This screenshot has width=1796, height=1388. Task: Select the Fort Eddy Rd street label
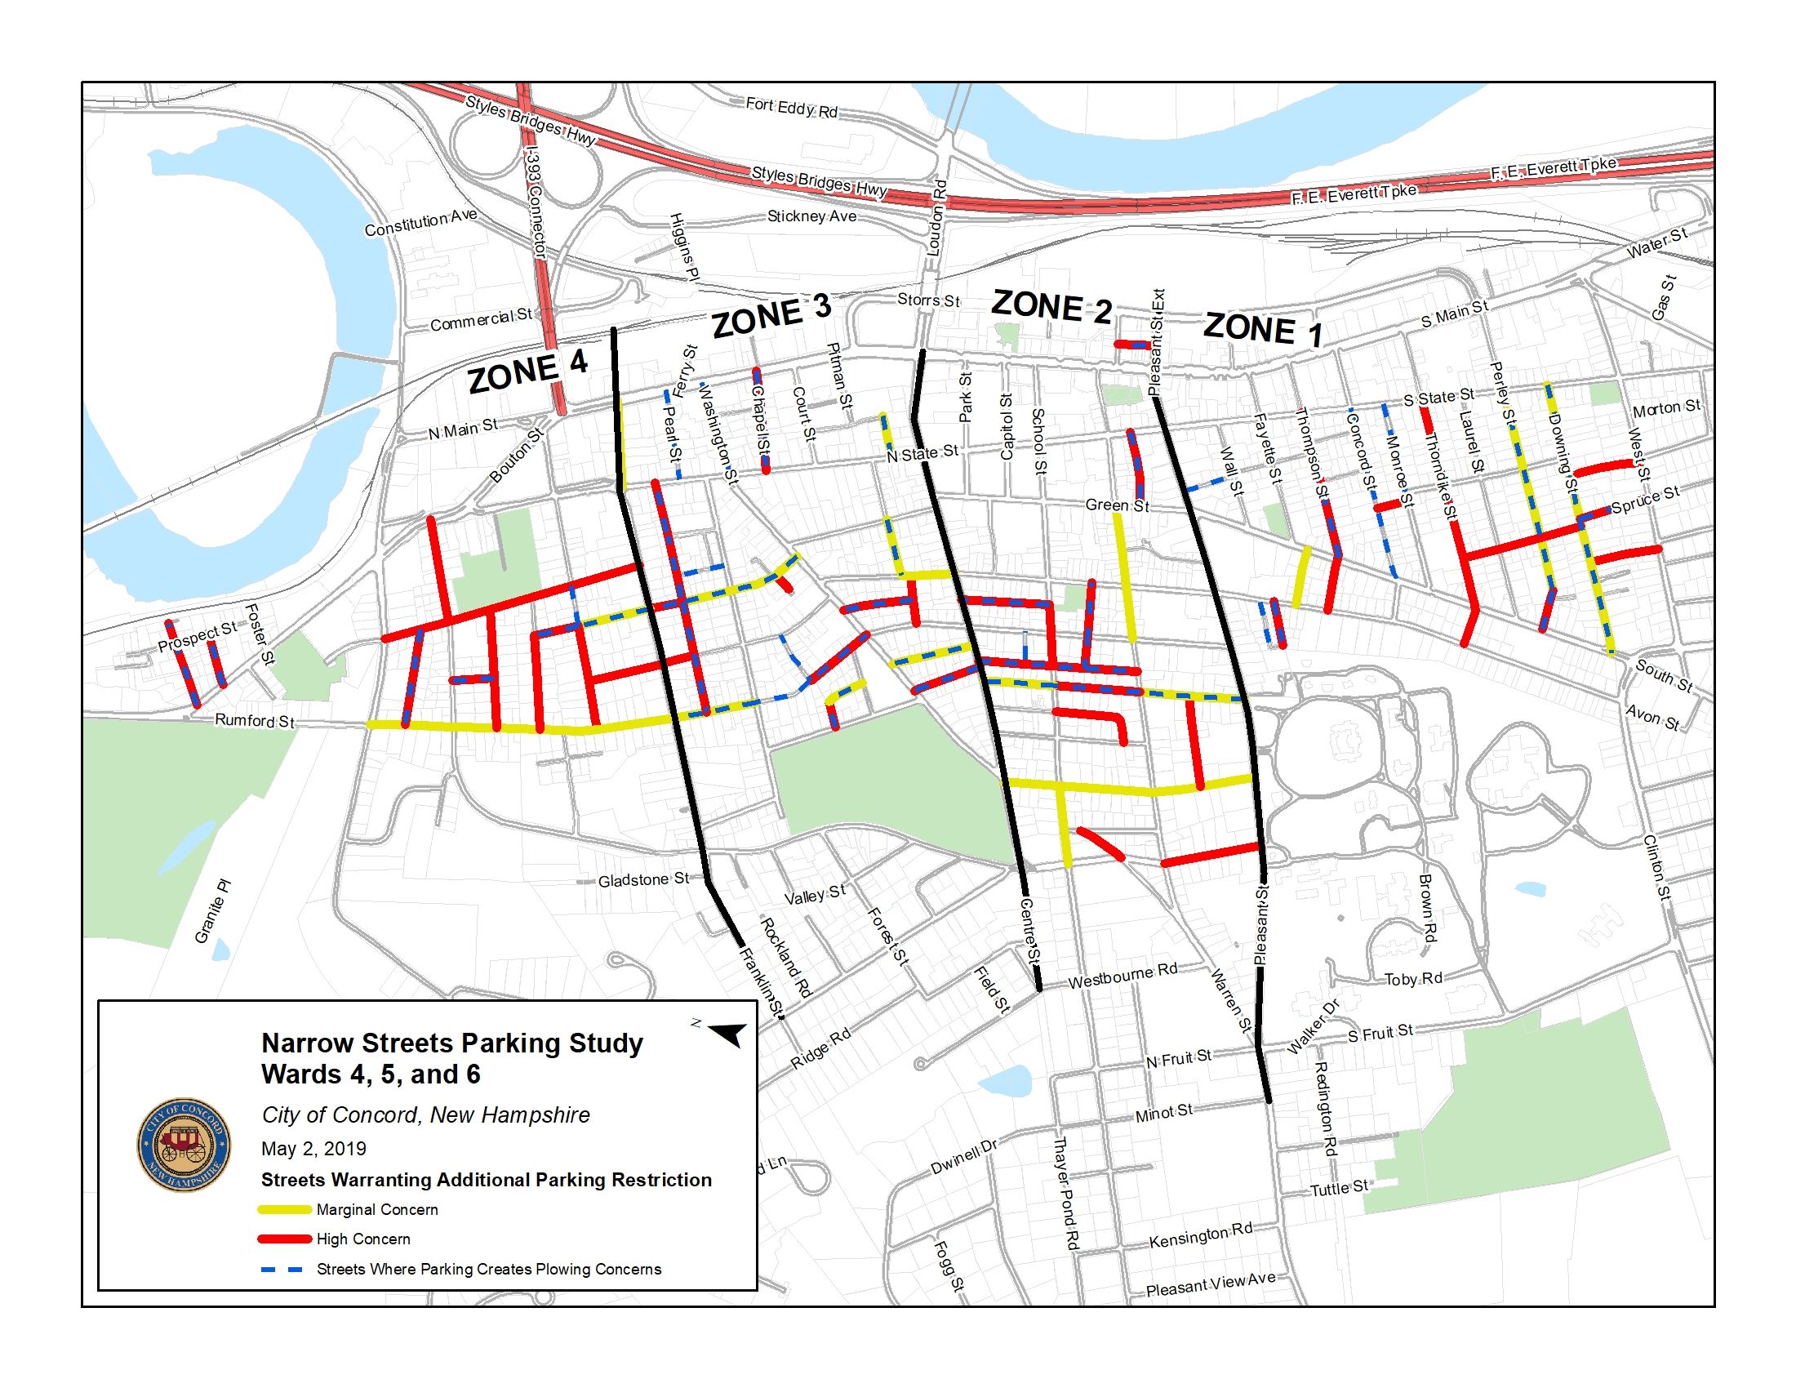791,108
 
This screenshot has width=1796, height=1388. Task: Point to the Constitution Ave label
420,223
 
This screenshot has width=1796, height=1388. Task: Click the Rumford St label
254,721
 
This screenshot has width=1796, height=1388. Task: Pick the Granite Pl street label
212,911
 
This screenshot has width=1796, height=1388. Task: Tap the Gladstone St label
643,880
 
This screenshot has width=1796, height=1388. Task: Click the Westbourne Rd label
1122,976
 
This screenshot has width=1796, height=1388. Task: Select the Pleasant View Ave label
1211,1284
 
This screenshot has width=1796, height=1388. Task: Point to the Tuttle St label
1339,1188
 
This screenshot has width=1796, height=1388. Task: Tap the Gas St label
1663,299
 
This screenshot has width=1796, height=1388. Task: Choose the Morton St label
1666,409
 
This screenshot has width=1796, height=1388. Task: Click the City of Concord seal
183,1146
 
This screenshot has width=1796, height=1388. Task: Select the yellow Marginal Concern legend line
285,1209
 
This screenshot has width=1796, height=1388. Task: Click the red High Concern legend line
285,1239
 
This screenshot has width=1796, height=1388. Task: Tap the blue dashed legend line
285,1269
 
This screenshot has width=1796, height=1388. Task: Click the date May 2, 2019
313,1149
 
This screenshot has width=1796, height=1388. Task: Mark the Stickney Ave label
811,216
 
